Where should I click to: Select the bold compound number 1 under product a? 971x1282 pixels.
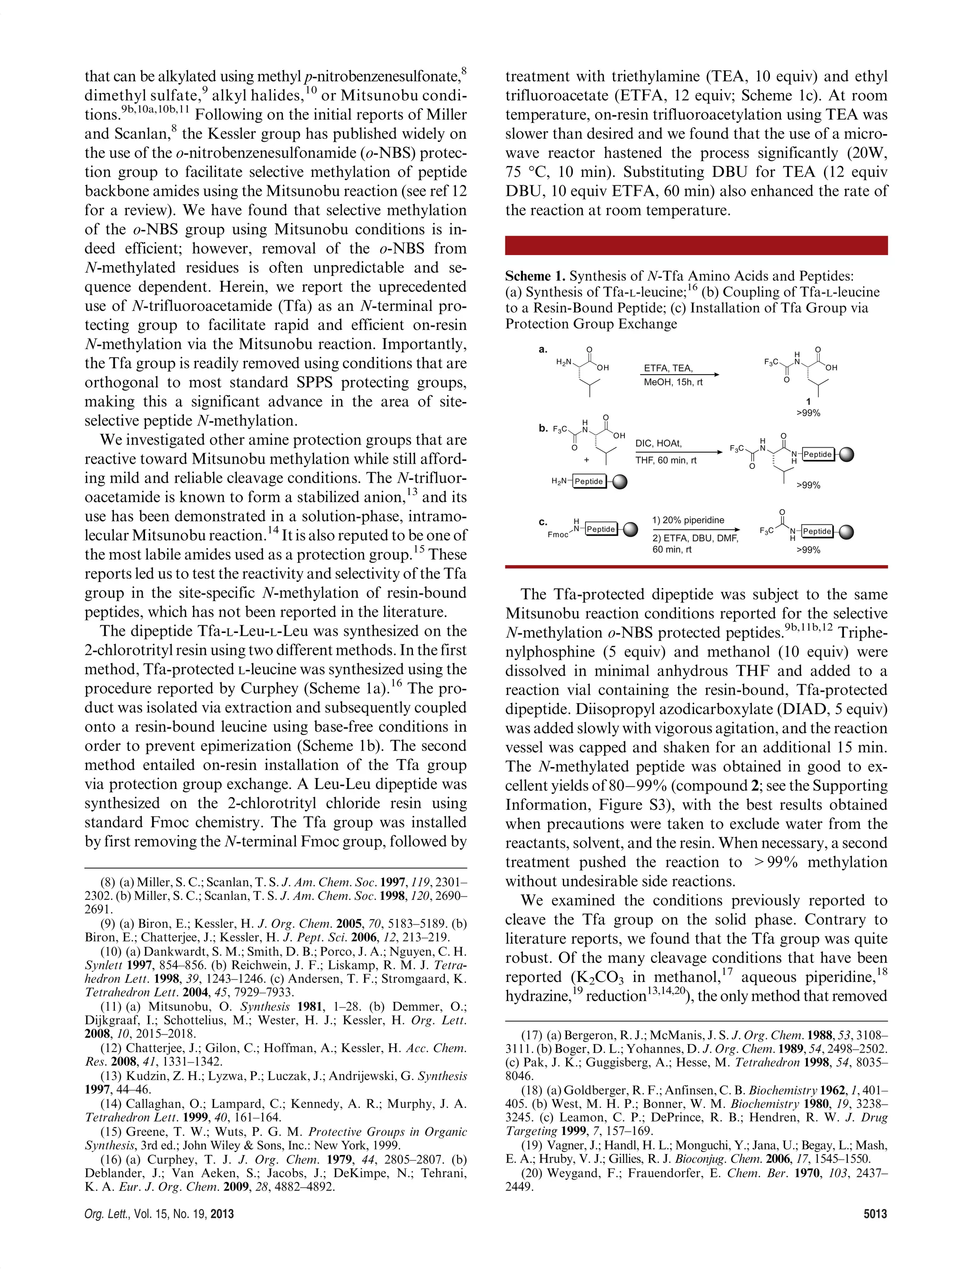click(808, 401)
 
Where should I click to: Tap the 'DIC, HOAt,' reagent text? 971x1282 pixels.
click(659, 443)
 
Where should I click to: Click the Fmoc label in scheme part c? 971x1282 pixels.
click(558, 534)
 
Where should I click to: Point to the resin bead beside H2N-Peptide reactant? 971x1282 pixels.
click(619, 481)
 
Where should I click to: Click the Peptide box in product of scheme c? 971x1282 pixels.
click(817, 531)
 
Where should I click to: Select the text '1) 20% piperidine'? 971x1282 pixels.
click(688, 520)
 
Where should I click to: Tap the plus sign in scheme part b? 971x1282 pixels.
click(586, 459)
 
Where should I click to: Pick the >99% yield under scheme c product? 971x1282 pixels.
click(808, 550)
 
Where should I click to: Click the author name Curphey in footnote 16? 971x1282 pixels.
click(172, 1159)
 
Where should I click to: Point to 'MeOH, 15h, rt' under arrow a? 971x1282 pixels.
click(673, 383)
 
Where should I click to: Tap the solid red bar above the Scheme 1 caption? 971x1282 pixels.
click(696, 245)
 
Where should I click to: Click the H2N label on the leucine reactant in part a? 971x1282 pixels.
click(563, 362)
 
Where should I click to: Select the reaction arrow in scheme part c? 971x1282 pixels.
click(696, 529)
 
